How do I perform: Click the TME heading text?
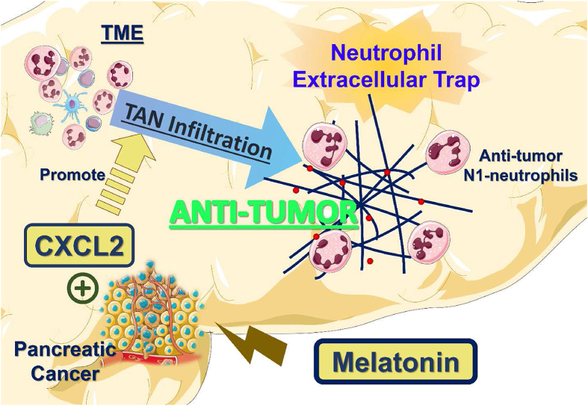(123, 34)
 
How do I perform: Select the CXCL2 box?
(79, 245)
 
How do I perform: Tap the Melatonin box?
(396, 362)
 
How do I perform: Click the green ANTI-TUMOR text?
(264, 213)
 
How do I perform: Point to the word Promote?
(72, 175)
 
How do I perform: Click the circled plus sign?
(82, 289)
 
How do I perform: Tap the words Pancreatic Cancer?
(64, 361)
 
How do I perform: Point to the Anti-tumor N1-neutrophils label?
(521, 165)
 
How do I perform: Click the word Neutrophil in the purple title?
(386, 52)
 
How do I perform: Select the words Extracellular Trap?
(386, 80)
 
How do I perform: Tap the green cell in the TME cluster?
(42, 123)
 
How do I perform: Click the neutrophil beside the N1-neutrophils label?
(448, 152)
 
